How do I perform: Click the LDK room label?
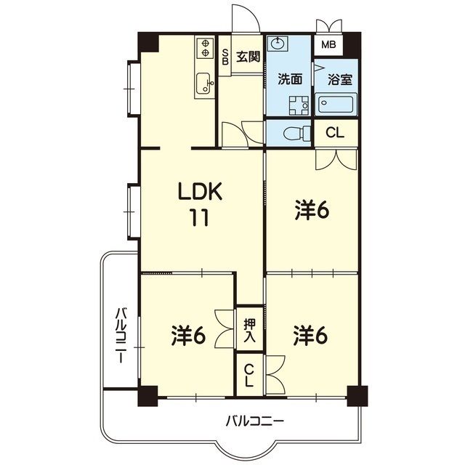(201, 193)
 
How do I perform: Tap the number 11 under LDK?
(201, 218)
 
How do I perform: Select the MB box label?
(329, 45)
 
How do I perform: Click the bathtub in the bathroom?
(336, 106)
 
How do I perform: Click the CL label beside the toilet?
(336, 133)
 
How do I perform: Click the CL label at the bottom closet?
(248, 375)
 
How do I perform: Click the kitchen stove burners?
(201, 49)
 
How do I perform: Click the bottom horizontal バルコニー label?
(254, 421)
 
